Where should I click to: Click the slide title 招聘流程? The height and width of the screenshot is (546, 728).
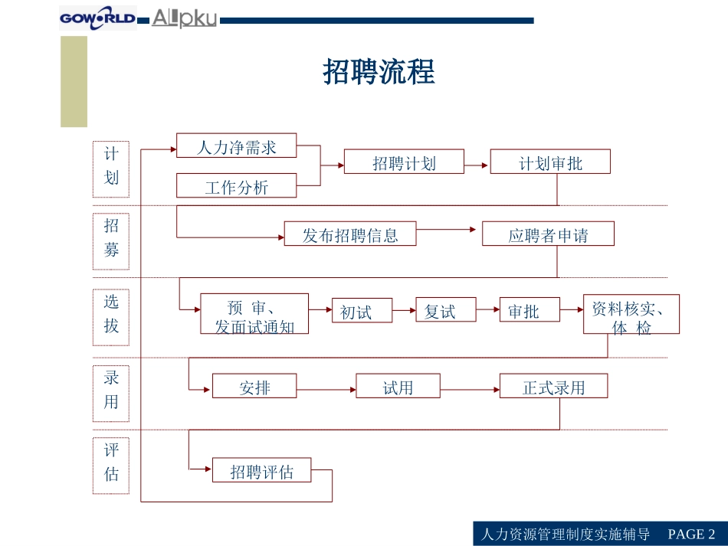point(379,73)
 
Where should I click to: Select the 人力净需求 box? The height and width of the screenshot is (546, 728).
point(236,145)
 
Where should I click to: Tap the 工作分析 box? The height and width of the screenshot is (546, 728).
point(236,186)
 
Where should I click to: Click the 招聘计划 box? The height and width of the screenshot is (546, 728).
point(404,162)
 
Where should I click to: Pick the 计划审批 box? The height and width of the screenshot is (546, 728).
point(550,162)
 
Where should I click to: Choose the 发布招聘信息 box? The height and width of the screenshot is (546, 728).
point(350,234)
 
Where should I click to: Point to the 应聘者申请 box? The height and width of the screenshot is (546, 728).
point(548,234)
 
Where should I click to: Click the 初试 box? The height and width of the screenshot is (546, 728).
point(362,311)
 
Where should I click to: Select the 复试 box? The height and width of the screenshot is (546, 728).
point(445,310)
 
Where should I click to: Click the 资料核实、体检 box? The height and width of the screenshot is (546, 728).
point(631,315)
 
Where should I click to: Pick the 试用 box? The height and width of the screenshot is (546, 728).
point(398,387)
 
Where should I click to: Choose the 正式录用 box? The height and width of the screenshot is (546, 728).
point(553,387)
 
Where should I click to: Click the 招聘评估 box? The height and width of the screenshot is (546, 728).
point(262,471)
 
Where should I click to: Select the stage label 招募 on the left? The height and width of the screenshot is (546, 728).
point(111,237)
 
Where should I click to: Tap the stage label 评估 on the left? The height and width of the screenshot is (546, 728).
point(111,462)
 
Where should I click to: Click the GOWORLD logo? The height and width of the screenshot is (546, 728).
point(98,18)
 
